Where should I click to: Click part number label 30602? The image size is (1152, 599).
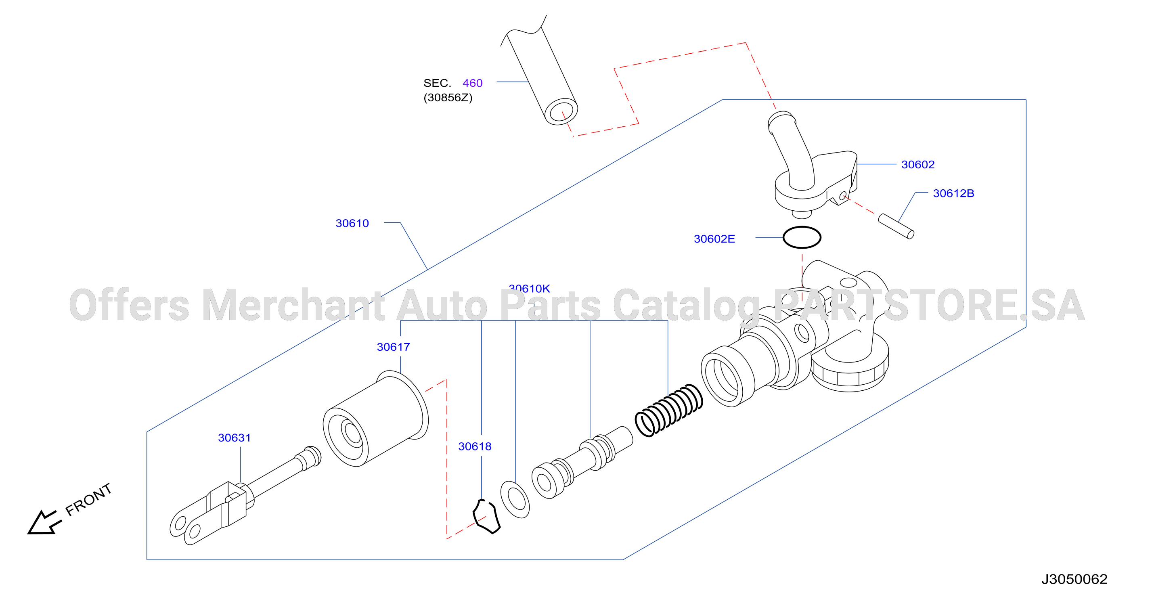tap(917, 165)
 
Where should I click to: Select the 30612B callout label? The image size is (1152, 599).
tap(953, 193)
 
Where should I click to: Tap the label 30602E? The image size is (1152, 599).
tap(714, 239)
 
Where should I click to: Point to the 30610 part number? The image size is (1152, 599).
tap(352, 223)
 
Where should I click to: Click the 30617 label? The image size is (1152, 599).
tap(393, 347)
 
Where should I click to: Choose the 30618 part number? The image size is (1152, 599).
tap(475, 446)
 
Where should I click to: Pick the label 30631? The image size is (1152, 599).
tap(235, 438)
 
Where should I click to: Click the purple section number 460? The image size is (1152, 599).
tap(472, 83)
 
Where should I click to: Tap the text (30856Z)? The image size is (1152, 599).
tap(448, 98)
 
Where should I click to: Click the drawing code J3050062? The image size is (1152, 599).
tap(1074, 579)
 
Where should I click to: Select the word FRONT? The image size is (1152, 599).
tap(88, 499)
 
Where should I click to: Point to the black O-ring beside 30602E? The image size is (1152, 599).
tap(802, 237)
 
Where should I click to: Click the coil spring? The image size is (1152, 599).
tap(668, 410)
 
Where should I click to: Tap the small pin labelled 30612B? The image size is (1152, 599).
tap(896, 226)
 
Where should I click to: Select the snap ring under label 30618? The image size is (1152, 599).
tap(486, 517)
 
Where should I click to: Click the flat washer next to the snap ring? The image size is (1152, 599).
tap(515, 500)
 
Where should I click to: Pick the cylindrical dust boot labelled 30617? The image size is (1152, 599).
tap(376, 419)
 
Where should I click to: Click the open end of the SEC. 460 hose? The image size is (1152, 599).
tap(561, 112)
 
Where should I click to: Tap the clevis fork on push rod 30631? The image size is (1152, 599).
tap(208, 513)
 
